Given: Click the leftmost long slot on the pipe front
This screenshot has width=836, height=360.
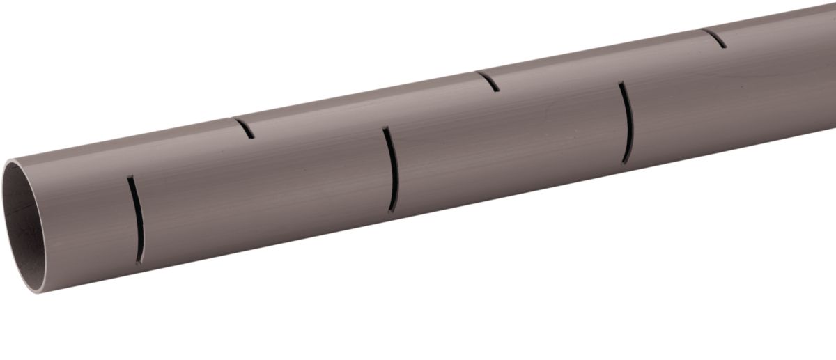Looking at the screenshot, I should click(x=137, y=219).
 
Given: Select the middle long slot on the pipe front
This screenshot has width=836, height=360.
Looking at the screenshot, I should click(x=392, y=169).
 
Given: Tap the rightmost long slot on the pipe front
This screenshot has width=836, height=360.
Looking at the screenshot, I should click(x=627, y=123).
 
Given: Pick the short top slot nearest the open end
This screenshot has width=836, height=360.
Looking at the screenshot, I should click(x=245, y=128).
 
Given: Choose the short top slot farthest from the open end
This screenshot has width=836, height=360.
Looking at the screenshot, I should click(x=715, y=38).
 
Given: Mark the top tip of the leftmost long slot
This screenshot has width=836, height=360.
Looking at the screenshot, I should click(x=129, y=178).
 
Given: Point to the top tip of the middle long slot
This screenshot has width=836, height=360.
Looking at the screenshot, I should click(x=385, y=128).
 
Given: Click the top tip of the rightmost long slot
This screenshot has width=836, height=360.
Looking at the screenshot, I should click(x=620, y=84).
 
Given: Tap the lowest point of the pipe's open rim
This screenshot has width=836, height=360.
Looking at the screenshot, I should click(x=38, y=292).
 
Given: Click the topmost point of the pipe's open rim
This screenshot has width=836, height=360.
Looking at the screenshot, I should click(x=9, y=162).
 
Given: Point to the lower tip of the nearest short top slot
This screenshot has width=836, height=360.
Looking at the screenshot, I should click(x=252, y=136).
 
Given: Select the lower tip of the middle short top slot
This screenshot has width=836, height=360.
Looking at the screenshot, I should click(x=497, y=91).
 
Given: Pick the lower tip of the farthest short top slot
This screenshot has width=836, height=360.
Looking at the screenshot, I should click(x=725, y=47).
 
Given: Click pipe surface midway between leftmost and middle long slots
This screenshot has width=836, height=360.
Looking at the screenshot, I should click(x=265, y=195).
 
